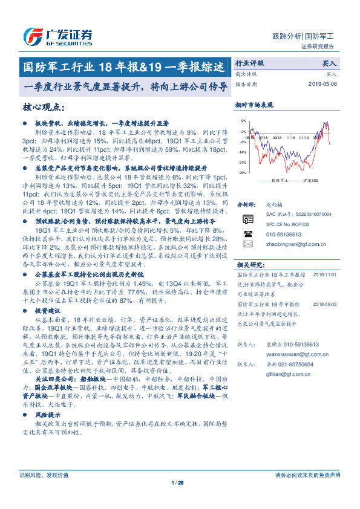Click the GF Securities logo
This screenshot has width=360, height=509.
58,37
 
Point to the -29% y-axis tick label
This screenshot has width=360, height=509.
241,173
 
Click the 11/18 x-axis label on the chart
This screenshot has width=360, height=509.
293,137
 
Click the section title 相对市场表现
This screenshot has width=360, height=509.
254,105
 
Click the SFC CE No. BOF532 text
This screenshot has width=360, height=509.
288,224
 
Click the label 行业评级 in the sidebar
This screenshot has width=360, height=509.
249,63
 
